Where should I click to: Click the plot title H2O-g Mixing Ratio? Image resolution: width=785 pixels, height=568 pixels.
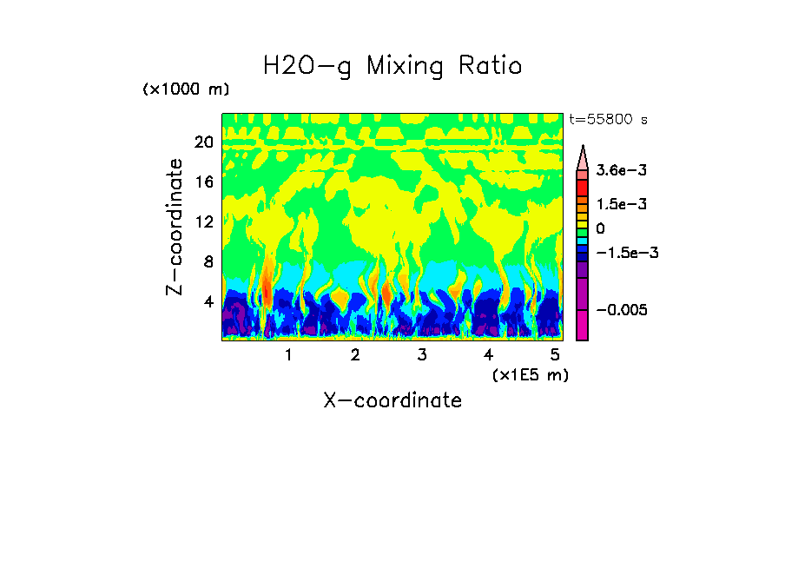tap(392, 66)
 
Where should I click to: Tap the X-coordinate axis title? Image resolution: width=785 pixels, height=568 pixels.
tap(392, 400)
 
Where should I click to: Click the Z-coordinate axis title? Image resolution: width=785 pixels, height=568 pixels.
tap(176, 227)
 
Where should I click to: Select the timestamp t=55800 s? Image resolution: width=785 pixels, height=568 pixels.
tap(608, 119)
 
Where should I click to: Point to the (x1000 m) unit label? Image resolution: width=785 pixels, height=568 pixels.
tap(186, 89)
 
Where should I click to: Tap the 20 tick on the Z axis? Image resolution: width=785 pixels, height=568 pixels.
tap(204, 142)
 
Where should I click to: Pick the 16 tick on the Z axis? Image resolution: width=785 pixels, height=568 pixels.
tap(204, 182)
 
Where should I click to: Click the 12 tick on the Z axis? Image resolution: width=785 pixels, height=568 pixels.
tap(204, 221)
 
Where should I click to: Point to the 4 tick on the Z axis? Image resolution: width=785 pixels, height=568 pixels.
tap(208, 301)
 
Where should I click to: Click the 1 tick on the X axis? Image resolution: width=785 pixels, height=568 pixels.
tap(288, 355)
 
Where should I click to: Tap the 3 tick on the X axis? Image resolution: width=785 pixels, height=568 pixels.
tap(421, 355)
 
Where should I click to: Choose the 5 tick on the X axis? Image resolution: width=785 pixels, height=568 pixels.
tap(555, 355)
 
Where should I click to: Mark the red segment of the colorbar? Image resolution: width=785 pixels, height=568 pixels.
tap(583, 187)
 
